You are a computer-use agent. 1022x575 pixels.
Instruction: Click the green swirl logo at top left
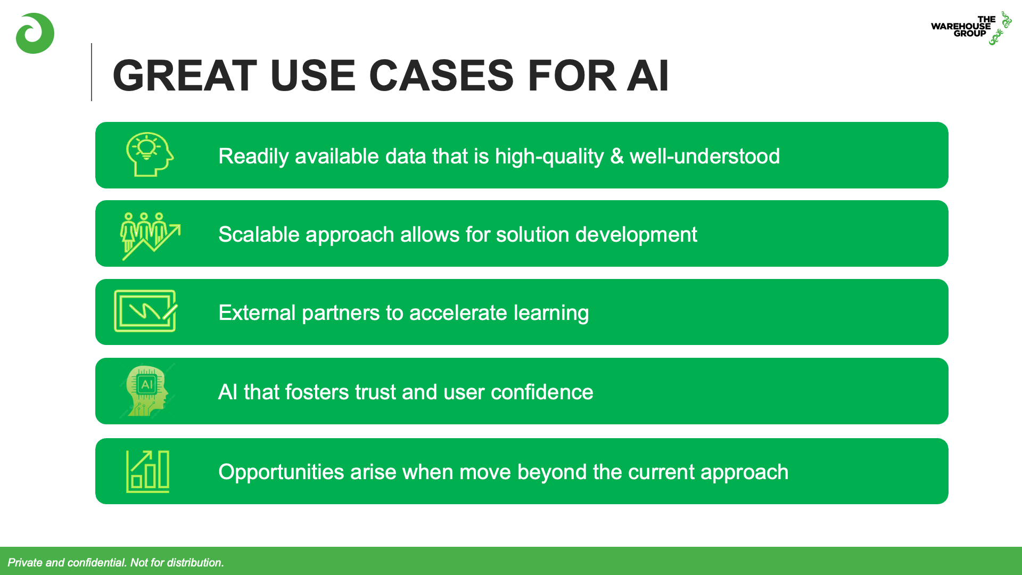pos(35,34)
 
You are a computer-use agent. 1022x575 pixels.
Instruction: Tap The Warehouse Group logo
pos(971,28)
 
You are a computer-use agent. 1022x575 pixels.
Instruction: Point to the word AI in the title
pos(648,76)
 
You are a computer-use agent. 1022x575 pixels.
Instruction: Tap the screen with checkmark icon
pos(146,311)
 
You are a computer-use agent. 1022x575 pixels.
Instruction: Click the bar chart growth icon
pos(147,471)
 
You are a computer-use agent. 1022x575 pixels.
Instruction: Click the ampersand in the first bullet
pos(617,157)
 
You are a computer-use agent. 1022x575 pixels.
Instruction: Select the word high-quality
pos(549,157)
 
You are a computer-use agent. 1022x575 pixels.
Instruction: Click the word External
pos(257,313)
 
